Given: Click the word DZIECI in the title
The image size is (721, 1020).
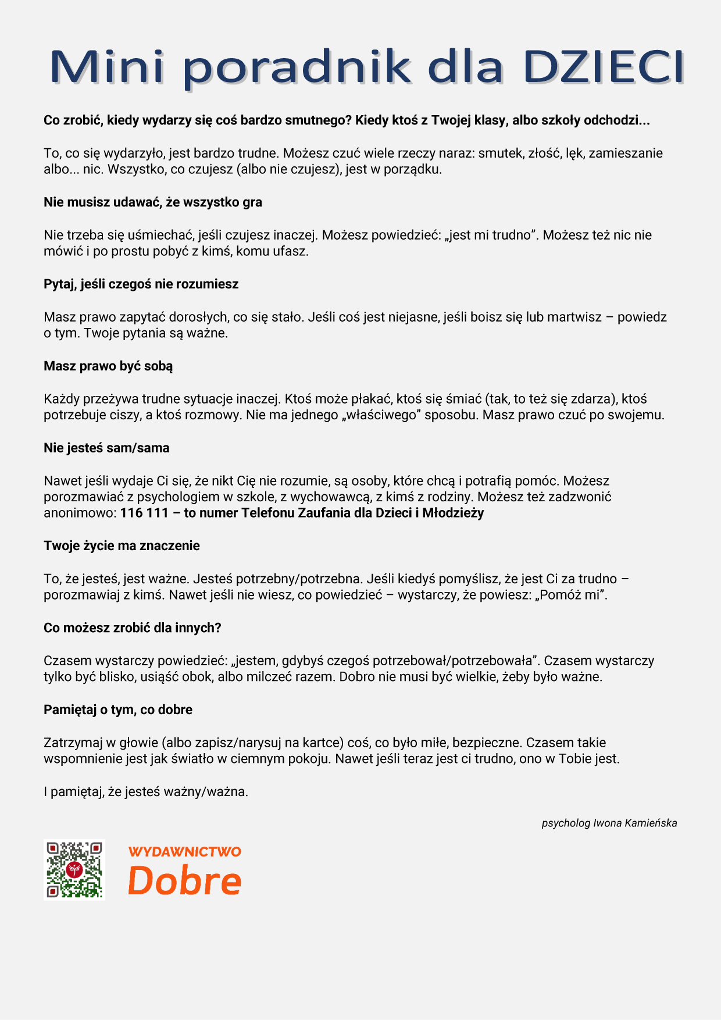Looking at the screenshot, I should (603, 67).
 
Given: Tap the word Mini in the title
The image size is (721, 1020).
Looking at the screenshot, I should (107, 67).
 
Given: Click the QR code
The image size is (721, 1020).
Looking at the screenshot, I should (74, 870).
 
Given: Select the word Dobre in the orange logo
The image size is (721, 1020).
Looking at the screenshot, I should (184, 880).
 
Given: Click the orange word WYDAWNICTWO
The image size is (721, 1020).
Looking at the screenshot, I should (184, 852).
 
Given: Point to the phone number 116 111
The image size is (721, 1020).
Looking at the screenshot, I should (144, 513).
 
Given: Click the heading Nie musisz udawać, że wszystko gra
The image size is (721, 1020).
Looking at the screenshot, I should (153, 202).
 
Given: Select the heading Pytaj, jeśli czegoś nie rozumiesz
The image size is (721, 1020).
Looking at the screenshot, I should (141, 284).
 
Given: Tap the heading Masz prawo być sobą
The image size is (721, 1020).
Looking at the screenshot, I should (108, 366).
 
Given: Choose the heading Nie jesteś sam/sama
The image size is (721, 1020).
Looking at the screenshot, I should (106, 448).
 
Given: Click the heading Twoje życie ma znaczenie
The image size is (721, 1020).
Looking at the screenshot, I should (122, 546).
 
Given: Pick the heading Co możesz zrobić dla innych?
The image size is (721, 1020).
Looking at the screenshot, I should (133, 628).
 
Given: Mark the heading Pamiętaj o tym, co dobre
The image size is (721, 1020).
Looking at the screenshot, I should (118, 710).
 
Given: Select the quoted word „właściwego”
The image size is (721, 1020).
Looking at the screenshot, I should (381, 415).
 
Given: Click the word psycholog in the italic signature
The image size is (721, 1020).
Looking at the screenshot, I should (566, 823).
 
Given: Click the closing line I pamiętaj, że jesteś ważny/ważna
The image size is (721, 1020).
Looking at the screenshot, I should (146, 792).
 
